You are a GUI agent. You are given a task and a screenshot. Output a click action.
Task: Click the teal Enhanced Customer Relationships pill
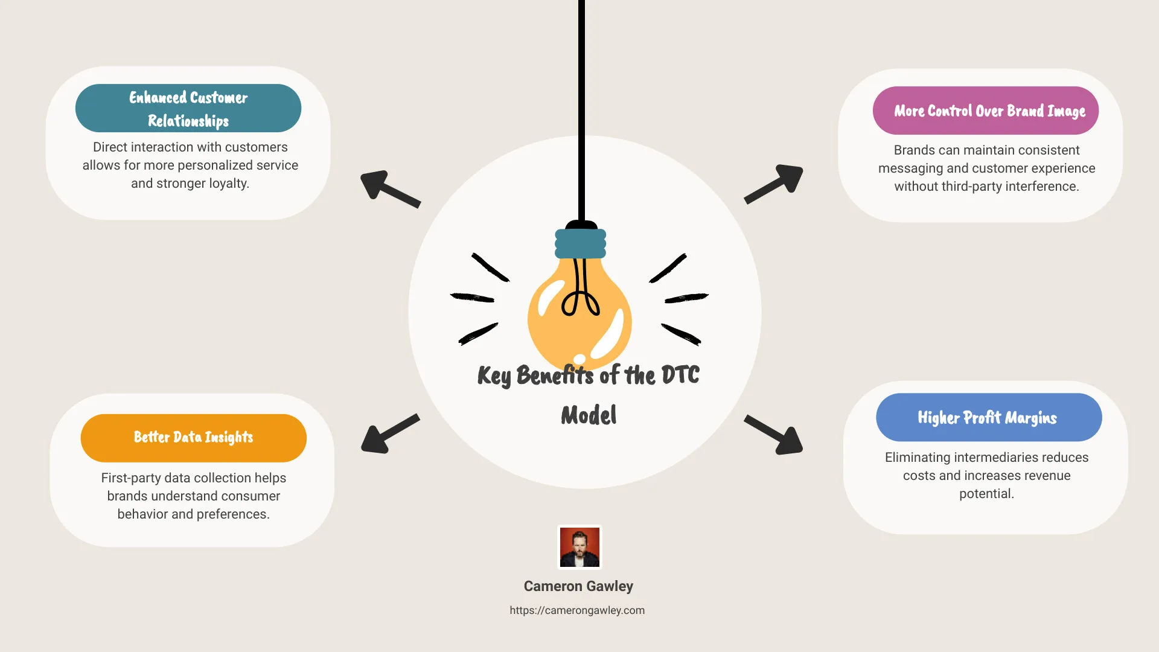click(188, 108)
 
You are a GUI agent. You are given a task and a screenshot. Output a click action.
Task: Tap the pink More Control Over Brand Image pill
click(985, 110)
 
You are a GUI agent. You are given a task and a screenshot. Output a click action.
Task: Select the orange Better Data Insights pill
click(193, 438)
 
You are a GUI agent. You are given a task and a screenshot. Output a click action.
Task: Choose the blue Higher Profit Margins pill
click(988, 417)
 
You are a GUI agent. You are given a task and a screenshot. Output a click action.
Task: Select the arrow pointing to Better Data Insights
click(389, 434)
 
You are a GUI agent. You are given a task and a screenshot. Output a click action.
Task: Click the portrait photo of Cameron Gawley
click(579, 547)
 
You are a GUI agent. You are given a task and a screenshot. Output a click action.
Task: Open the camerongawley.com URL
click(577, 610)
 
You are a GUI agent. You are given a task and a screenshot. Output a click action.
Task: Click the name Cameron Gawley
click(578, 586)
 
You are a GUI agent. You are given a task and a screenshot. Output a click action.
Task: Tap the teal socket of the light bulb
click(580, 244)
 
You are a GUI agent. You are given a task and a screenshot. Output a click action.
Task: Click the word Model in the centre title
click(589, 415)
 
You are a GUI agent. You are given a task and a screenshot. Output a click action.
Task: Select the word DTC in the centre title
click(680, 375)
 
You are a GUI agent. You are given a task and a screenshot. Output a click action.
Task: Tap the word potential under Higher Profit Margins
click(986, 494)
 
